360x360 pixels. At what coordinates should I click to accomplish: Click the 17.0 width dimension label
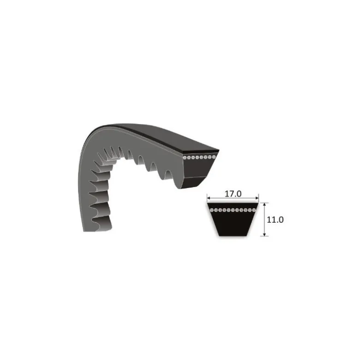[x=233, y=194]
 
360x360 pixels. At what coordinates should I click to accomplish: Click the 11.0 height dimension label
[x=275, y=220]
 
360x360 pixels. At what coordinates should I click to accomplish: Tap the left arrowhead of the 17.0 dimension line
[x=209, y=198]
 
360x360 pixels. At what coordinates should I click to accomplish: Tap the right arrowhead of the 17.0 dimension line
[x=257, y=198]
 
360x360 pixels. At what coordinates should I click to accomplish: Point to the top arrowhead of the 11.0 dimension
[x=265, y=205]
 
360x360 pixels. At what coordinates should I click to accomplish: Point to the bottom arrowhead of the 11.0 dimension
[x=265, y=234]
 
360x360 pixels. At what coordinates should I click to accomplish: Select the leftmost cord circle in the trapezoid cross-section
[x=212, y=210]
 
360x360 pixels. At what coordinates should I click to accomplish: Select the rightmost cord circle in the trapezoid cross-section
[x=254, y=210]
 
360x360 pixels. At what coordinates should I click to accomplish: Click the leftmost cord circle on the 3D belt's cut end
[x=184, y=158]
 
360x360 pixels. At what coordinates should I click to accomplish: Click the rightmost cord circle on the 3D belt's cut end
[x=214, y=157]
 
